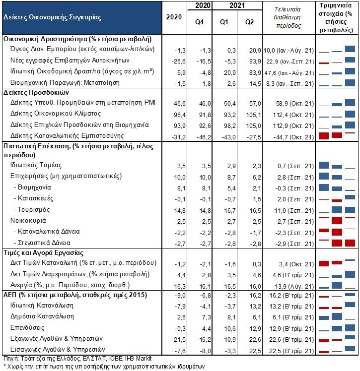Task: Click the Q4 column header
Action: [x=199, y=22]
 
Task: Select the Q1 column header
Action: [x=224, y=22]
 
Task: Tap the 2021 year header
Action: [x=237, y=5]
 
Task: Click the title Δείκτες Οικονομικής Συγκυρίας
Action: [x=52, y=17]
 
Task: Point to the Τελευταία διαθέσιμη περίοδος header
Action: [x=288, y=17]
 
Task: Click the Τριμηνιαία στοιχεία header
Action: [x=336, y=18]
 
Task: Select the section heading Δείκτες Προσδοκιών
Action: [x=36, y=93]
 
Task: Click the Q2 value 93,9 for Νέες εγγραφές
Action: [x=255, y=62]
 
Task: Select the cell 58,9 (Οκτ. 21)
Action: [x=293, y=104]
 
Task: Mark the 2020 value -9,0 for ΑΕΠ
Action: [x=180, y=296]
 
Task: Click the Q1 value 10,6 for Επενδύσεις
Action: [x=230, y=329]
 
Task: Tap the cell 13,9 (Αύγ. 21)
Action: [x=294, y=287]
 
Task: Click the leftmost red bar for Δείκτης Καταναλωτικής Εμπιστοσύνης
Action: [x=324, y=136]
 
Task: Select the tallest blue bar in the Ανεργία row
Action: [x=337, y=285]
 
